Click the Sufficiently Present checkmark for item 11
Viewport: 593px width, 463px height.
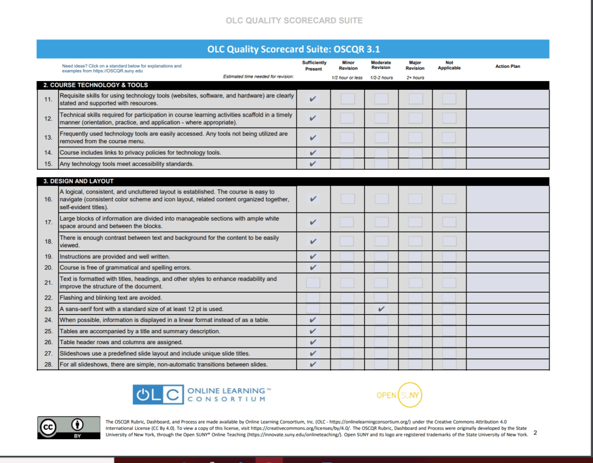click(313, 99)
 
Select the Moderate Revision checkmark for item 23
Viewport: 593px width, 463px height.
click(381, 309)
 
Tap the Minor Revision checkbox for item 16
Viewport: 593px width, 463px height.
click(347, 199)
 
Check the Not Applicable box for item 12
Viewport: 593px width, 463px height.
click(449, 118)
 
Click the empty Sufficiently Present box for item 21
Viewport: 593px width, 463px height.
click(313, 283)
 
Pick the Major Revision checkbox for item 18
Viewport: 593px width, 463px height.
click(415, 241)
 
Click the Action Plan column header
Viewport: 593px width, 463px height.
click(507, 66)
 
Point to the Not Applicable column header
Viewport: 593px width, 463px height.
click(449, 65)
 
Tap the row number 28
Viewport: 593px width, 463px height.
click(48, 364)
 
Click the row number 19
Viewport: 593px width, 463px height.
click(48, 256)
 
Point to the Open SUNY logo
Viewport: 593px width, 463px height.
click(399, 395)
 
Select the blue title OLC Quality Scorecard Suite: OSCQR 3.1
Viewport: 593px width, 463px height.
click(293, 49)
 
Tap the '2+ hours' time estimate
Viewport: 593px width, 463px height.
click(415, 78)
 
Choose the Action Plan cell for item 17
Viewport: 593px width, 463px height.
click(507, 222)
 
